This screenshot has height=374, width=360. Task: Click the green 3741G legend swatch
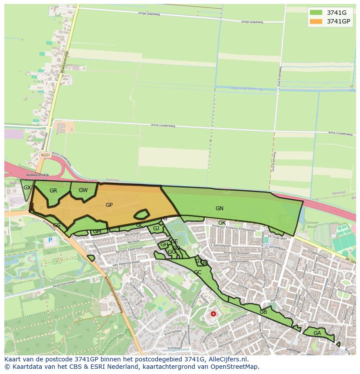(316, 12)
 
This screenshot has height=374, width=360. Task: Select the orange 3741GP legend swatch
(316, 21)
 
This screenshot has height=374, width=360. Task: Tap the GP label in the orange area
(109, 205)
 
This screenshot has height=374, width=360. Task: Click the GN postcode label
(220, 209)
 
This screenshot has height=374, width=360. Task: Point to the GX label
(27, 188)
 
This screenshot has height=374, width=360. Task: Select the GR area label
(53, 191)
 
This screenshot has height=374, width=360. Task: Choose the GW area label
(83, 190)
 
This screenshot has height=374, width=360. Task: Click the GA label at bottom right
(317, 333)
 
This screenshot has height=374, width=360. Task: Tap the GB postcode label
(263, 312)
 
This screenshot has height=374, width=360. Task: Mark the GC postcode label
(197, 272)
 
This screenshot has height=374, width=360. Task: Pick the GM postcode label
(97, 232)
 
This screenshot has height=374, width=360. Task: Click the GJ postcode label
(156, 228)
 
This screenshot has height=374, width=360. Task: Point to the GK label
(222, 223)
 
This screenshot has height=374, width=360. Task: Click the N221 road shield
(45, 155)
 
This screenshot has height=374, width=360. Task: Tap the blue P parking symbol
(50, 240)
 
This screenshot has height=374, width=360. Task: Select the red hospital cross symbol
(213, 314)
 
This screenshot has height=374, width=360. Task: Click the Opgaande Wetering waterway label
(247, 89)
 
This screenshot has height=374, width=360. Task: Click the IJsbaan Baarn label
(312, 225)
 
